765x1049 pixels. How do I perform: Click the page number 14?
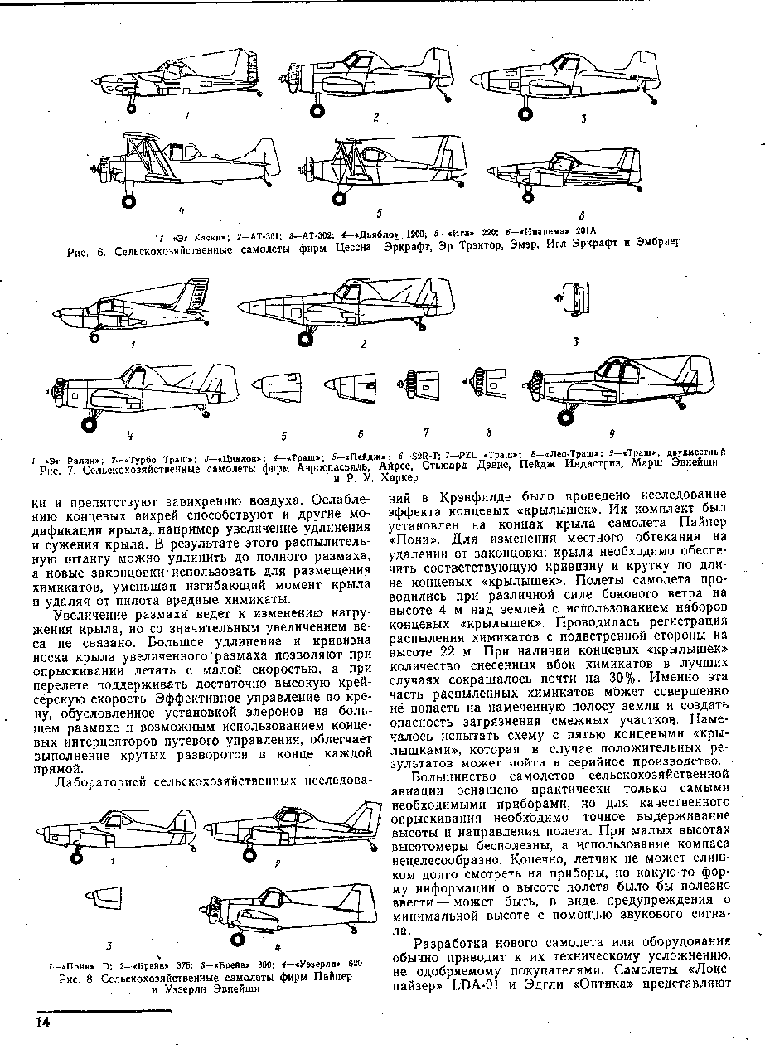(x=41, y=1022)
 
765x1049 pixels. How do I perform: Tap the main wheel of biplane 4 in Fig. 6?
(x=128, y=200)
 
